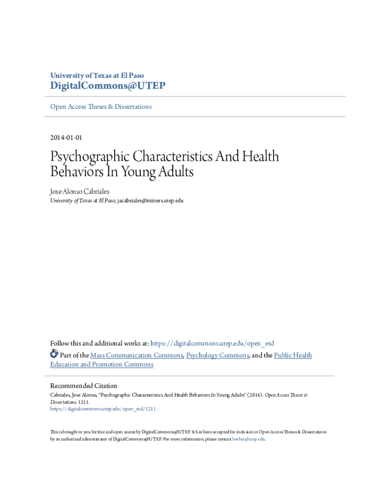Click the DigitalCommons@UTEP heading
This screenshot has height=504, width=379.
(108, 87)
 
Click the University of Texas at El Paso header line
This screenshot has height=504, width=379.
(97, 75)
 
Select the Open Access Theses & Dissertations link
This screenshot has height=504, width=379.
(101, 106)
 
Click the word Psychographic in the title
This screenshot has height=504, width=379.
(91, 157)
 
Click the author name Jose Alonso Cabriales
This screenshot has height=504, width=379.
(79, 191)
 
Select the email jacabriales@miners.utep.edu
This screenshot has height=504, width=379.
(150, 201)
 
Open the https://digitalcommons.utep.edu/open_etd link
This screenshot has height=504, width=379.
(212, 344)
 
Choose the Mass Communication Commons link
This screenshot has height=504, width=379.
(137, 355)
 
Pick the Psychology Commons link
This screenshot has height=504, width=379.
(218, 355)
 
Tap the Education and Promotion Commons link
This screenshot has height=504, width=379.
(102, 365)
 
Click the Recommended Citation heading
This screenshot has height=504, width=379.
(84, 386)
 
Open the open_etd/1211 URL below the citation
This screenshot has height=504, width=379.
(103, 409)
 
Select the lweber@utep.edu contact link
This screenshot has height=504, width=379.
(248, 439)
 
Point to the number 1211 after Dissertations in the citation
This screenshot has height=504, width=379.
(83, 402)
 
